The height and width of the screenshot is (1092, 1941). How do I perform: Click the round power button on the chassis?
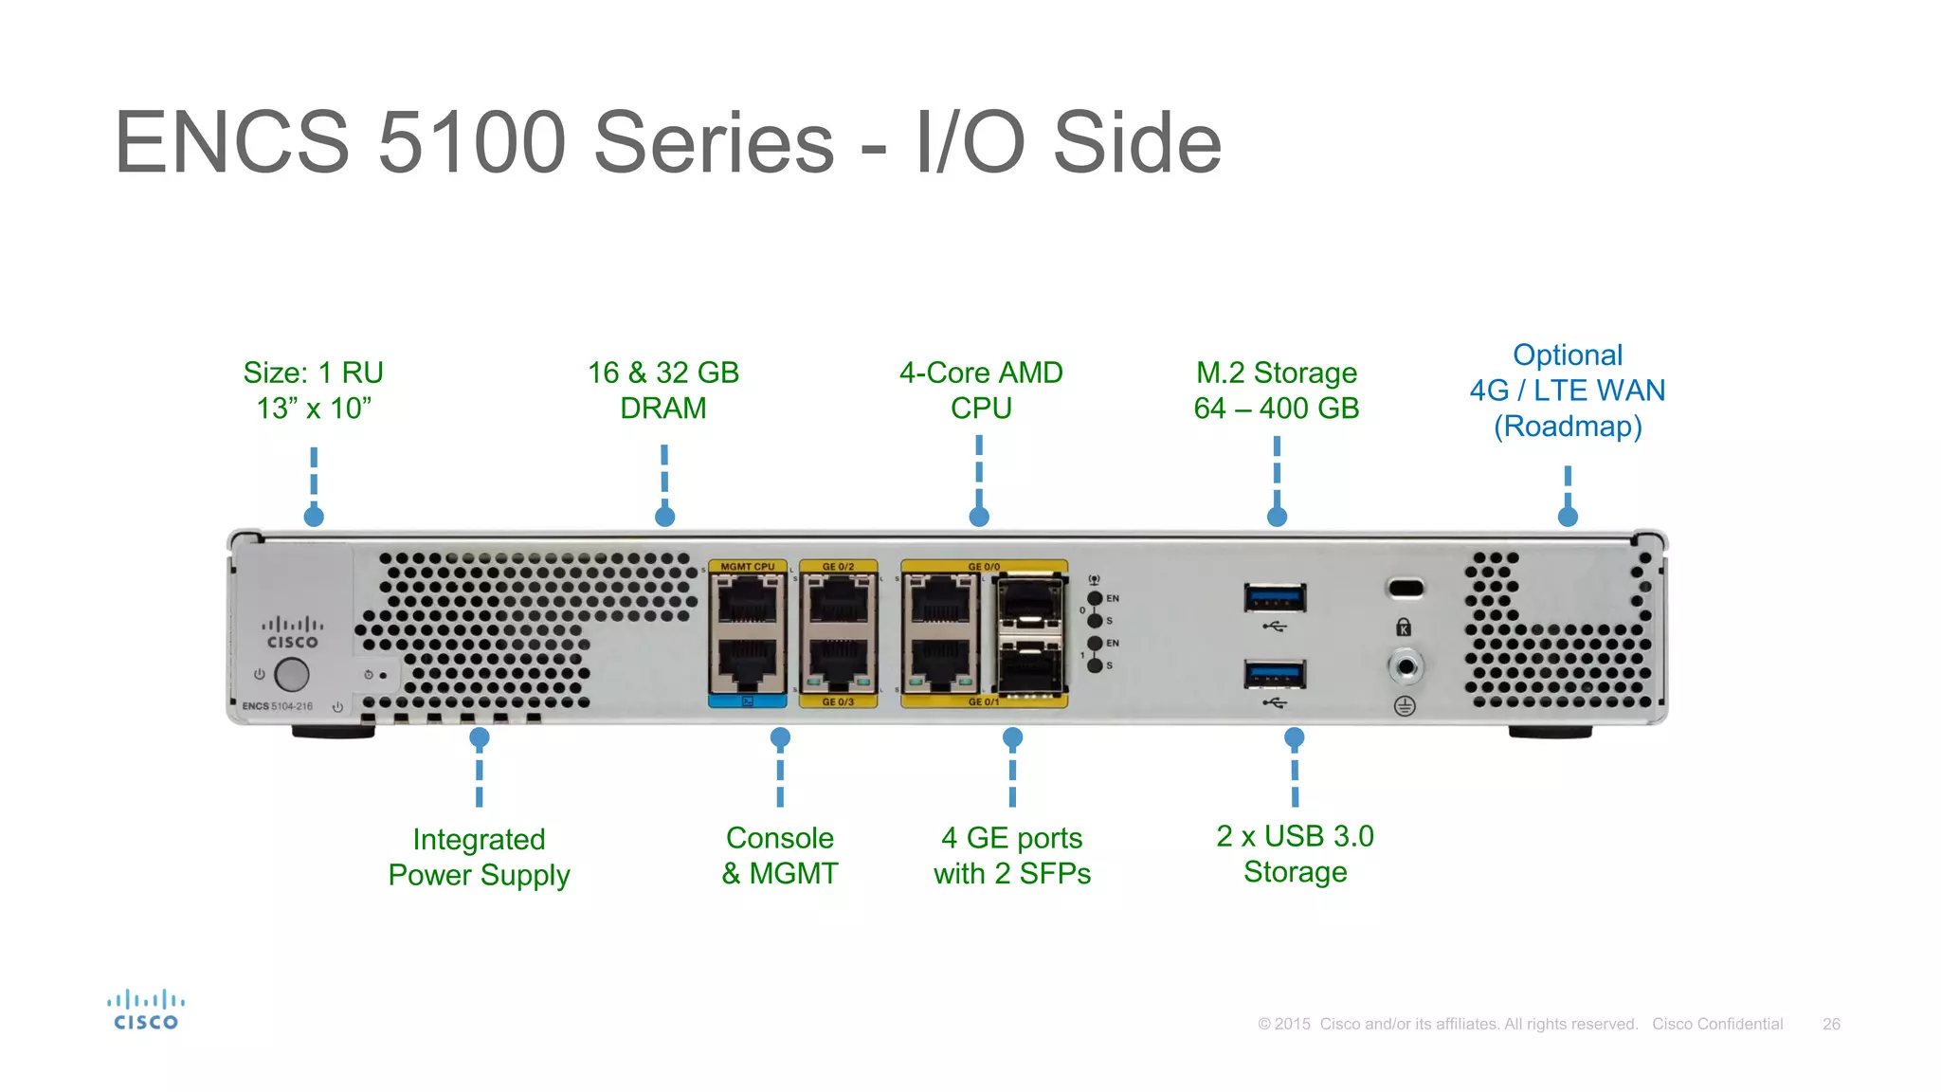pyautogui.click(x=291, y=674)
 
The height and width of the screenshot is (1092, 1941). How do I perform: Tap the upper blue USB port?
pyautogui.click(x=1275, y=598)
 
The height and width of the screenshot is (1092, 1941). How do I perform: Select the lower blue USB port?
pyautogui.click(x=1275, y=674)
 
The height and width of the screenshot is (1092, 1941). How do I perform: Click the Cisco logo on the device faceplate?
pyautogui.click(x=292, y=633)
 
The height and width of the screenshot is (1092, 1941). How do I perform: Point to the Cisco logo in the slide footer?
pyautogui.click(x=146, y=1010)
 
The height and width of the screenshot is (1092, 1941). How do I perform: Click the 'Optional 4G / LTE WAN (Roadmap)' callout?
pyautogui.click(x=1568, y=391)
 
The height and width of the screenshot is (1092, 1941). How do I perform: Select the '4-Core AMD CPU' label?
pyautogui.click(x=981, y=390)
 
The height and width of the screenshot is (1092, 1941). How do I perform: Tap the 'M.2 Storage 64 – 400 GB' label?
pyautogui.click(x=1276, y=390)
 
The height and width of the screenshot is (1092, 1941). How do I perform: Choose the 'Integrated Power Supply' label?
pyautogui.click(x=479, y=857)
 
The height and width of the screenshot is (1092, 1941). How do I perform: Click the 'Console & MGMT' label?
pyautogui.click(x=780, y=855)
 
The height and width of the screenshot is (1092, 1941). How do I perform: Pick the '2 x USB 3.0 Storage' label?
pyautogui.click(x=1295, y=853)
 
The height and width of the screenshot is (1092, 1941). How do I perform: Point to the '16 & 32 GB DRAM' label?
pyautogui.click(x=663, y=390)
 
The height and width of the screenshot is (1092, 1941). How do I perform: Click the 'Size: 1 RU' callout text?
pyautogui.click(x=314, y=373)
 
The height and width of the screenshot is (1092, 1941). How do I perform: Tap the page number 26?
pyautogui.click(x=1831, y=1024)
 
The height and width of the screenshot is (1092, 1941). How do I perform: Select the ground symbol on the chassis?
pyautogui.click(x=1405, y=706)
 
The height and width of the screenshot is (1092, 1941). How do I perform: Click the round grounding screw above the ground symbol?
pyautogui.click(x=1406, y=666)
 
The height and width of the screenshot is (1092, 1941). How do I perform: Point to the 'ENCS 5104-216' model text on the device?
pyautogui.click(x=277, y=706)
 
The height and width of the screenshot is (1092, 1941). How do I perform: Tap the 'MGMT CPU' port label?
pyautogui.click(x=748, y=567)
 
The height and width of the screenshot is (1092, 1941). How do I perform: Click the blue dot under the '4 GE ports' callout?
pyautogui.click(x=1012, y=737)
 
